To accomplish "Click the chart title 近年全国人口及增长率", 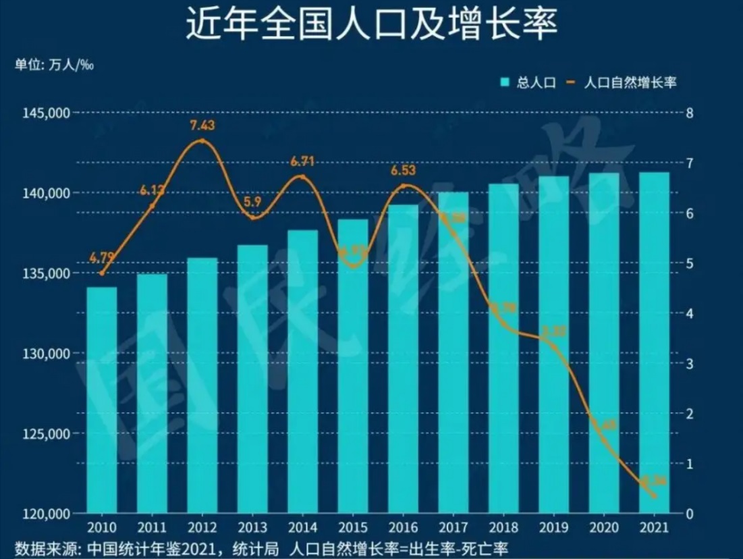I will pos(371,25).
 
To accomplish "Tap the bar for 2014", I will pos(303,371).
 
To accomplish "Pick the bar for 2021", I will pos(655,342).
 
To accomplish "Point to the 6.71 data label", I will pos(303,162).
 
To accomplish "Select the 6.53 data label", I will pos(404,170).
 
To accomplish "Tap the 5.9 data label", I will pos(252,201).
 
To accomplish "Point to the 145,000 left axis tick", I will pos(49,113).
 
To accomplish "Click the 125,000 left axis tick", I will pos(49,433).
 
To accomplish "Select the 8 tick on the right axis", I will pos(690,113).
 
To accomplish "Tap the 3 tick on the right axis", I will pos(690,363).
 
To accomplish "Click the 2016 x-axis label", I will pos(404,527).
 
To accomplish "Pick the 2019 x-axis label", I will pos(554,527).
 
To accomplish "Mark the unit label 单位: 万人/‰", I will pos(53,65).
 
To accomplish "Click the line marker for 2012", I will pos(202,141).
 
